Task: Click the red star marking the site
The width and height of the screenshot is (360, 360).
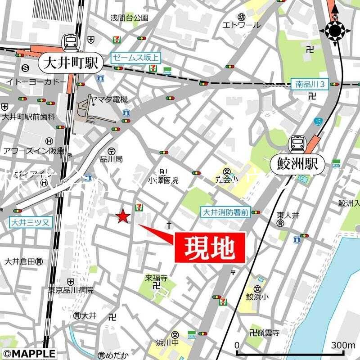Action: coord(123,217)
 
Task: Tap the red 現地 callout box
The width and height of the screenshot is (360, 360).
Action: coord(210,247)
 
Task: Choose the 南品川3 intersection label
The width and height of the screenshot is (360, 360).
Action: coord(310,84)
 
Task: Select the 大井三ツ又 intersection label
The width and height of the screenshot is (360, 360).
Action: coord(26,222)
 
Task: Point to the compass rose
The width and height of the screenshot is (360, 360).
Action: coord(335,31)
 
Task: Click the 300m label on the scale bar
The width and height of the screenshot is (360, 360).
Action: coord(343,345)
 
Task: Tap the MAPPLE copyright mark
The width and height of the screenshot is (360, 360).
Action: coord(28,354)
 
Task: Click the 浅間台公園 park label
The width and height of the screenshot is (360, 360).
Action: coord(129,18)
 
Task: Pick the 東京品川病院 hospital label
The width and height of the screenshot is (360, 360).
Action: coord(72,290)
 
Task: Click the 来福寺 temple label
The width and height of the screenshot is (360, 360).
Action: coord(156,278)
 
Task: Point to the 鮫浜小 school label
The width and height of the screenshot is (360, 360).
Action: coord(257,297)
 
